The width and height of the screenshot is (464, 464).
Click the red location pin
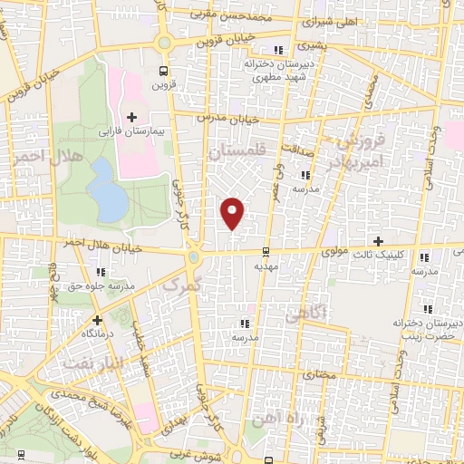(233, 212)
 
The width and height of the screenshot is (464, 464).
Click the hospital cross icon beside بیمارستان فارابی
(132, 117)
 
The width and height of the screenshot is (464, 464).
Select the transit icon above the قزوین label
(163, 71)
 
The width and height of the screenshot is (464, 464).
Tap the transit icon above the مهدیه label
(265, 252)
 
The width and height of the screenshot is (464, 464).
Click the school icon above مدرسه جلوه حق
(100, 271)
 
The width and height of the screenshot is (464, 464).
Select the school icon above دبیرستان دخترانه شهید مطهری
(278, 50)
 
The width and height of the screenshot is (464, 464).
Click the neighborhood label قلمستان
(239, 154)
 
